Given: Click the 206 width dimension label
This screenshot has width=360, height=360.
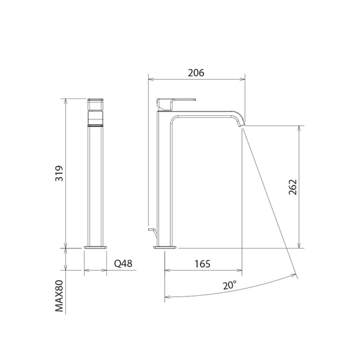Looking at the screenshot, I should pyautogui.click(x=196, y=73).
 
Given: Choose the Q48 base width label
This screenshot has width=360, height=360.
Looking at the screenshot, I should pyautogui.click(x=123, y=263).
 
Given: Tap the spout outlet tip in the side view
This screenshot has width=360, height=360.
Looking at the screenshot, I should pyautogui.click(x=242, y=122).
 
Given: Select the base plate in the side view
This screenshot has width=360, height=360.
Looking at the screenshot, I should pyautogui.click(x=166, y=247).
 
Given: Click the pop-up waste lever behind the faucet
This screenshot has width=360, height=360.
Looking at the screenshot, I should pyautogui.click(x=151, y=230).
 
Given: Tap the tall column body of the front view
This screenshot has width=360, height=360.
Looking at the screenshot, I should pyautogui.click(x=96, y=186).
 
